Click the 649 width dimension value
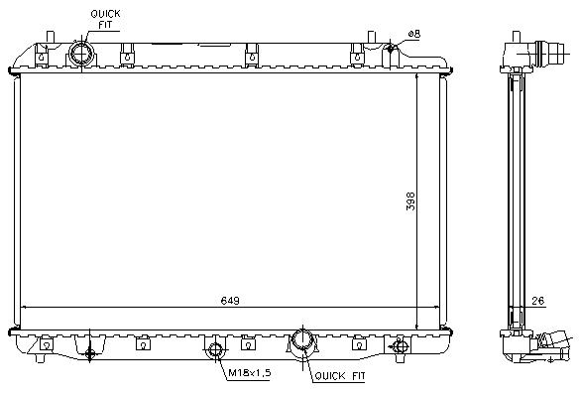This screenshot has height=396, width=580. coord(230,300)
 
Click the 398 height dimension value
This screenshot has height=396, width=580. coord(410,201)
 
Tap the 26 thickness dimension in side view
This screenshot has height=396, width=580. coord(537,301)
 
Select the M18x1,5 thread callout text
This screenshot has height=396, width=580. coord(249,372)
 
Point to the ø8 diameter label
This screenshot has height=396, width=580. coord(414,34)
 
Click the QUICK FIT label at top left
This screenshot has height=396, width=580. coord(105,19)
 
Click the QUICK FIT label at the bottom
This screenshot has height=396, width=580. coord(340,376)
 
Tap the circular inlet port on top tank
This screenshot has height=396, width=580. coord(81,54)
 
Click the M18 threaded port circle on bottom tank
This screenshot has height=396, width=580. coord(215,349)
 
